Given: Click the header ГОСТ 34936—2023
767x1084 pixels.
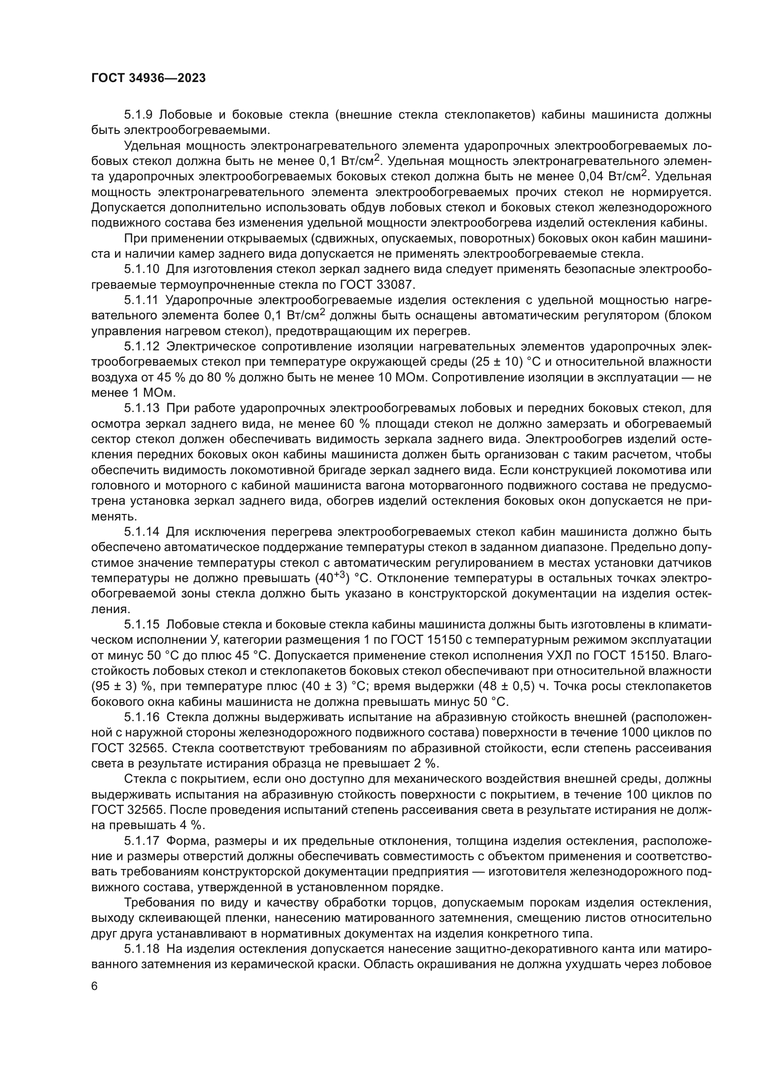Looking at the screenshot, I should pyautogui.click(x=148, y=78).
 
